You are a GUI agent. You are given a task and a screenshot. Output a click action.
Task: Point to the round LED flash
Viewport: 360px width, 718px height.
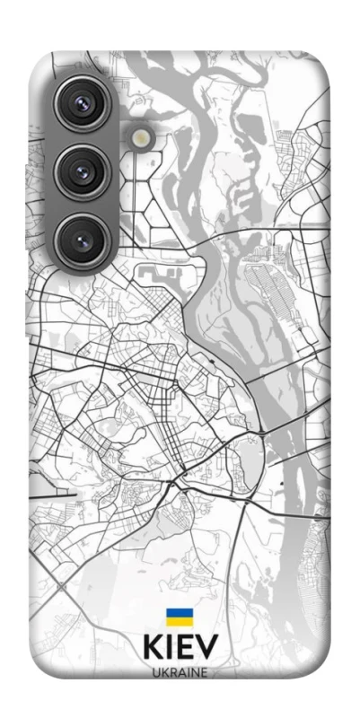tap(143, 136)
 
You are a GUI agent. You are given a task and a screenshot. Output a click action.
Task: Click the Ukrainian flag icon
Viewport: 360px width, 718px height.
tap(179, 617)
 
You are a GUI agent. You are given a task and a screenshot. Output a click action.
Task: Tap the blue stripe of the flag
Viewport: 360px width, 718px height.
tap(179, 612)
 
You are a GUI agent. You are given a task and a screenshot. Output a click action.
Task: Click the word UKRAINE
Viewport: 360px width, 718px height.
tap(180, 672)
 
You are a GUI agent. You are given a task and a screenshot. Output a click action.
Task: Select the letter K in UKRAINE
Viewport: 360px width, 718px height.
tap(163, 672)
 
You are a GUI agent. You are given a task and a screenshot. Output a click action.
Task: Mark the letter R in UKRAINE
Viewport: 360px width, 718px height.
tap(171, 672)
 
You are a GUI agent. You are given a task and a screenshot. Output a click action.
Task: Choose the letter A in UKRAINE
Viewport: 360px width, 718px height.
tap(180, 672)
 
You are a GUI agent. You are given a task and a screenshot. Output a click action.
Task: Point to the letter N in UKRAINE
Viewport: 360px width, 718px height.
tap(195, 672)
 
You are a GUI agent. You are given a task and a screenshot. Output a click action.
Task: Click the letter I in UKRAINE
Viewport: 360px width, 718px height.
tap(187, 672)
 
